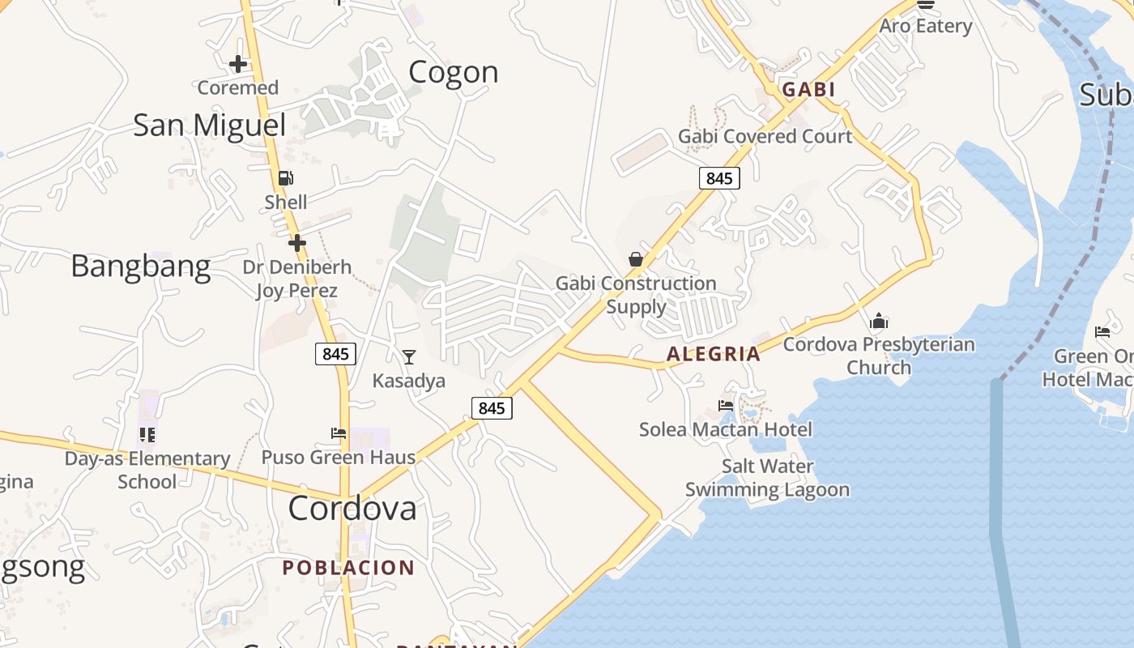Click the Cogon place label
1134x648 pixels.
453,72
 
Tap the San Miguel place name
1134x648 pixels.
209,126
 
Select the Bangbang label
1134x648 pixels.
141,266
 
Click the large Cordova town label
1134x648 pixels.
352,509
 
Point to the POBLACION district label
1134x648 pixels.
348,568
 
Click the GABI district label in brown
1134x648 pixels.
808,90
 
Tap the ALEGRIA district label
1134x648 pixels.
714,354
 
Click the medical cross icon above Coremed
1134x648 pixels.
238,63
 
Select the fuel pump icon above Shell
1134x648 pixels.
285,178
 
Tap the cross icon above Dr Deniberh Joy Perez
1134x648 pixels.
297,242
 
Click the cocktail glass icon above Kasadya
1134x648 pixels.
409,356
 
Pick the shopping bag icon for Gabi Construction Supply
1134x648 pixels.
636,259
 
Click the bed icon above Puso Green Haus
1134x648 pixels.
339,433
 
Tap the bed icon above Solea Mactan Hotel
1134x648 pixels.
726,405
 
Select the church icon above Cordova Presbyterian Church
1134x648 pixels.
879,322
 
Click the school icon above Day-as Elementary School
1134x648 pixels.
147,435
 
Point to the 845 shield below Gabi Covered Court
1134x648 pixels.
719,178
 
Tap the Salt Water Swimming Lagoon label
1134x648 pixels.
767,478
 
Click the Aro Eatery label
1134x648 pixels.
925,26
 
